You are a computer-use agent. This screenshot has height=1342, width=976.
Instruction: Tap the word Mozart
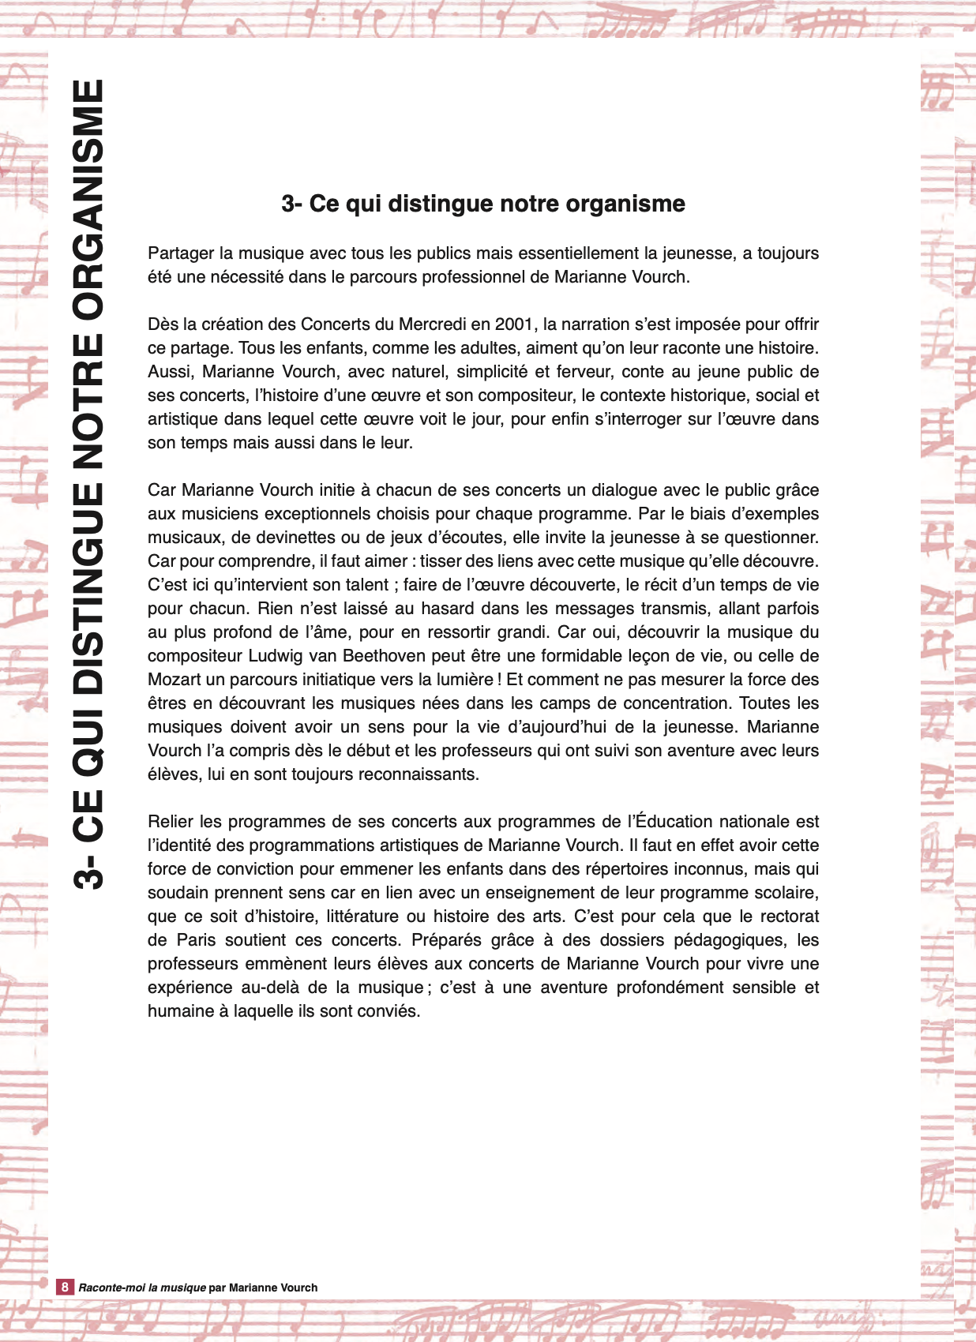click(174, 680)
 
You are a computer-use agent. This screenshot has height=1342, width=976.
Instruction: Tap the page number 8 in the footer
click(65, 1287)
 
